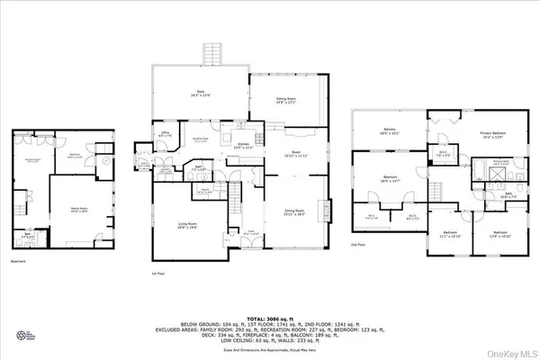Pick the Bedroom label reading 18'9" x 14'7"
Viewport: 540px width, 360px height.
[388, 179]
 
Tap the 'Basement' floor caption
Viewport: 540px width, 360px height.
[19, 262]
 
